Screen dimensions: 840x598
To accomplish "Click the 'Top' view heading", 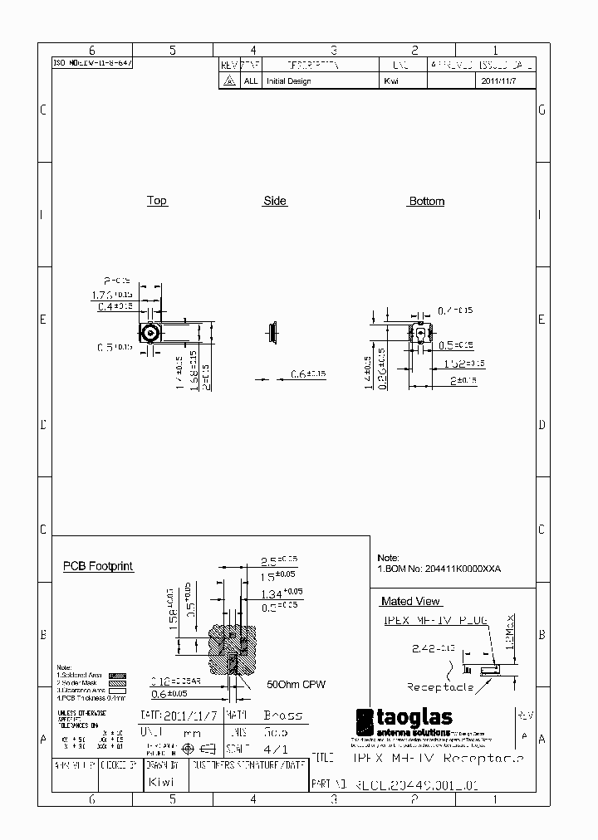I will point(157,201).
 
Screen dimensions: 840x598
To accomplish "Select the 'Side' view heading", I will point(275,201).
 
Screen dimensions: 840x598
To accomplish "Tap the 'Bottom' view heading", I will point(426,202).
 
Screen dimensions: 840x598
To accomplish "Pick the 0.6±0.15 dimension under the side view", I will point(308,374).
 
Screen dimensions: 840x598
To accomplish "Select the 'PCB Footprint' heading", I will point(98,567).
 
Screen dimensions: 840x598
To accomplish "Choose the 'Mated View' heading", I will point(411,601).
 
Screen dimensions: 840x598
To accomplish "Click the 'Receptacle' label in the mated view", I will point(440,686).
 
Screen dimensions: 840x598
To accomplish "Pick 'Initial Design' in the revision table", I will point(287,81).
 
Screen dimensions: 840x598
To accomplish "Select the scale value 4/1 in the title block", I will point(274,747).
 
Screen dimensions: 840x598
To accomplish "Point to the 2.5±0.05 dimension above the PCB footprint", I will point(279,560).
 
